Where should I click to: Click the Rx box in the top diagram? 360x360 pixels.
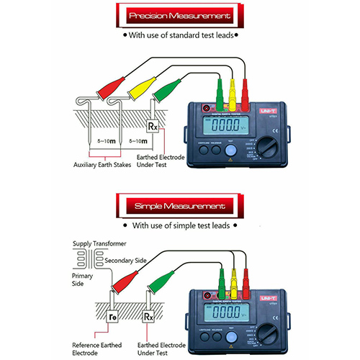(x=153, y=127)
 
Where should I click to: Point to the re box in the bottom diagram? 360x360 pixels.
(x=112, y=316)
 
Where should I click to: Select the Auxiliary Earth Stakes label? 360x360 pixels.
(x=107, y=166)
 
